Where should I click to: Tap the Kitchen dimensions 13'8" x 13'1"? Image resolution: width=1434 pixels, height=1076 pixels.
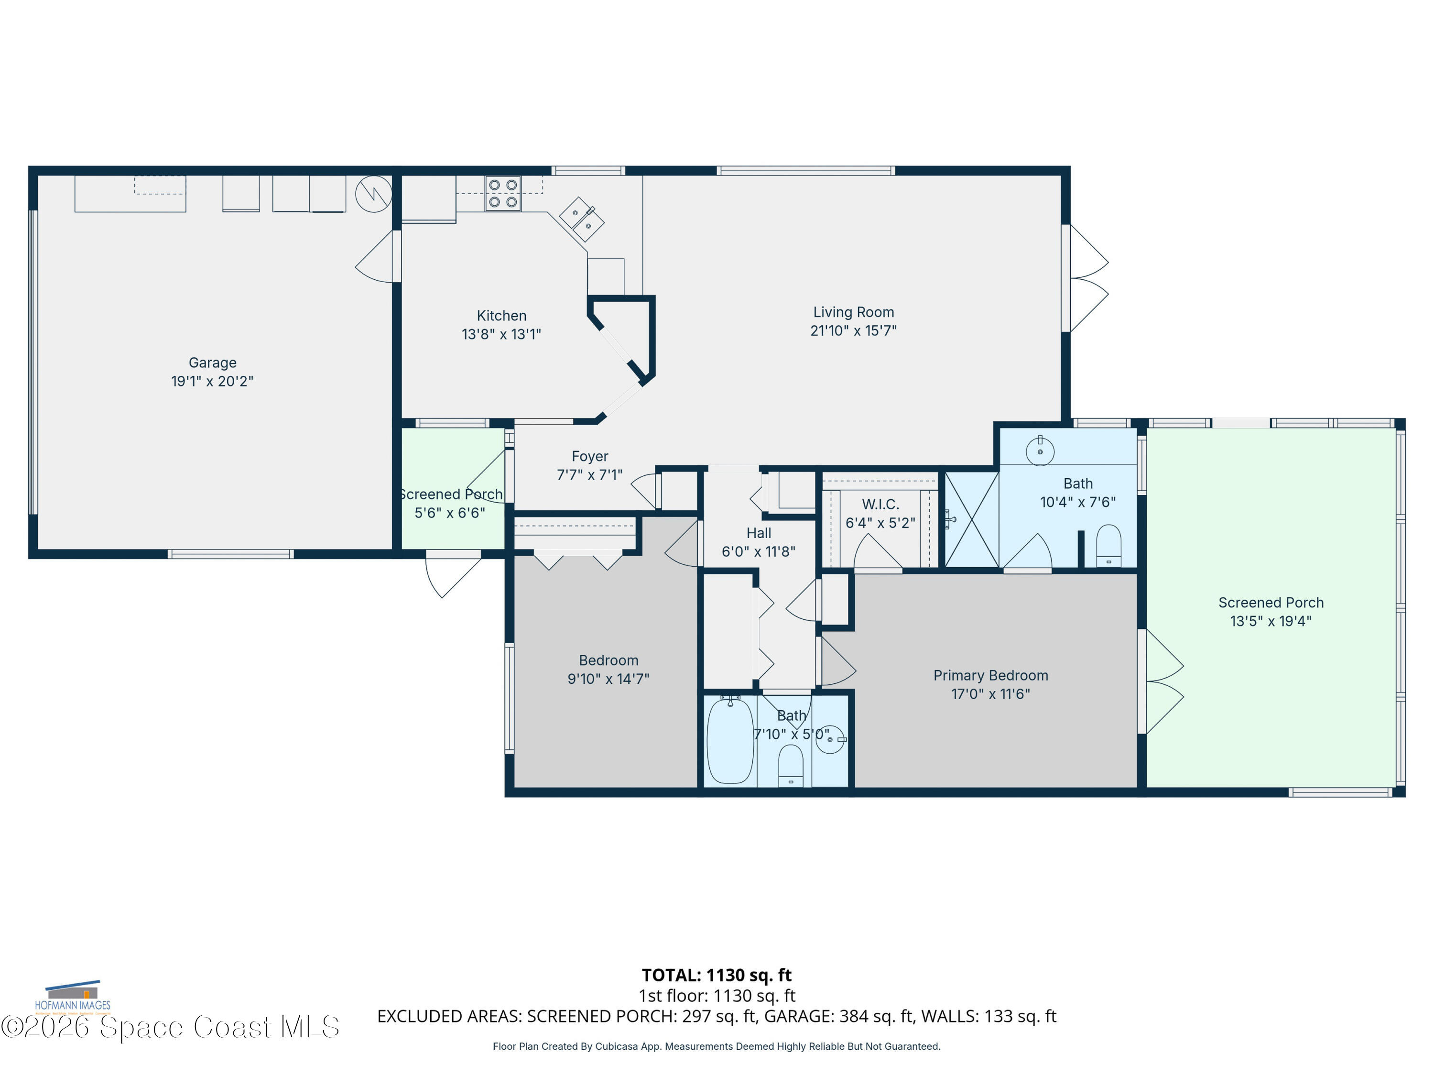coord(501,334)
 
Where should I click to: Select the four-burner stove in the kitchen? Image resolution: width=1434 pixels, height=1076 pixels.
coord(503,193)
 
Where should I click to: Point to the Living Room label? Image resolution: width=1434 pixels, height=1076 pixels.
coord(853,312)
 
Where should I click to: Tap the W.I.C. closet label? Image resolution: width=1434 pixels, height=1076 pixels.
coord(880,504)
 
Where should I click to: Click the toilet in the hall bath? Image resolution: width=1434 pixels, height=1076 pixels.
coord(790,765)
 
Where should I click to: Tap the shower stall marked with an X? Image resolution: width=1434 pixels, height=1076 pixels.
coord(971,519)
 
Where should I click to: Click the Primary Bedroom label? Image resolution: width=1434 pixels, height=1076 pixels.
coord(990,675)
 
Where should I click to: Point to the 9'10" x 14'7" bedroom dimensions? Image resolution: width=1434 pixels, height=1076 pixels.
coord(608,679)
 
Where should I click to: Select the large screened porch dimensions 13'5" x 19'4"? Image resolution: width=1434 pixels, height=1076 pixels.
coord(1271,621)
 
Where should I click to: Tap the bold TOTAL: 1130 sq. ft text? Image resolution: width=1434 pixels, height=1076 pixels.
coord(717,975)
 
